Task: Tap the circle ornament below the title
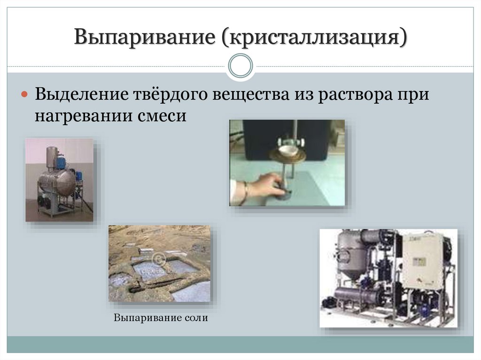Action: pyautogui.click(x=240, y=66)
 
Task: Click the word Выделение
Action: pyautogui.click(x=82, y=94)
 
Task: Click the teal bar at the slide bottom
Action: pyautogui.click(x=240, y=345)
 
